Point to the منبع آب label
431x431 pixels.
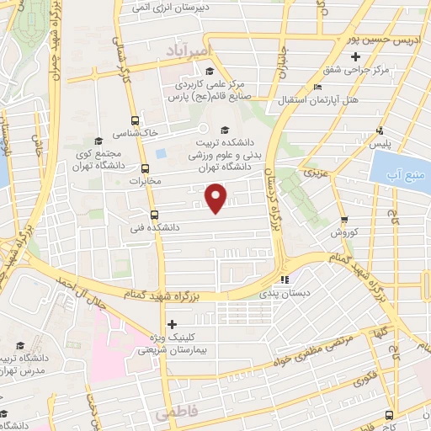click(403, 176)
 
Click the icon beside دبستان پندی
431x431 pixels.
click(285, 279)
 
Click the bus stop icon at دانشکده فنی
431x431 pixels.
click(153, 214)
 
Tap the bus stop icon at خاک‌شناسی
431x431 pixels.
click(136, 121)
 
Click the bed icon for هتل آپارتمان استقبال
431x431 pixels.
click(316, 86)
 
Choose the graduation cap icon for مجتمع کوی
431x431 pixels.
click(98, 141)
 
